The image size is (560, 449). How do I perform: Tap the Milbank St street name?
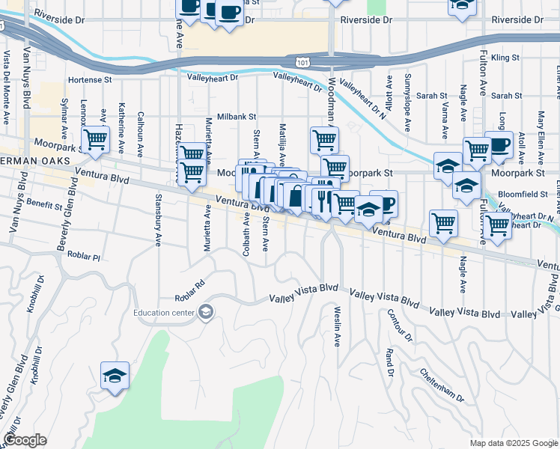[x=237, y=117]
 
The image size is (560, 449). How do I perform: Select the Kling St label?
[x=505, y=57]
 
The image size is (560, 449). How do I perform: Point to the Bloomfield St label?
[x=523, y=193]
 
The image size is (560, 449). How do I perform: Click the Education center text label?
[x=165, y=312]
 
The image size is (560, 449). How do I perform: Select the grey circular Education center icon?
[x=206, y=312]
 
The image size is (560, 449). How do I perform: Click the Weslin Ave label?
[x=337, y=326]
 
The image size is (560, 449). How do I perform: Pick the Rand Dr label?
[x=389, y=362]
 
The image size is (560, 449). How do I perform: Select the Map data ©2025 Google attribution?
[x=513, y=443]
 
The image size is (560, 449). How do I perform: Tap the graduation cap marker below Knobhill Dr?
[x=115, y=376]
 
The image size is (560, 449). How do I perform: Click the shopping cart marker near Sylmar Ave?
[x=95, y=140]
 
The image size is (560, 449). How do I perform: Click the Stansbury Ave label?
[x=158, y=220]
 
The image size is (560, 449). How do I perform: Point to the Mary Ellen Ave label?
[x=541, y=131]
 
